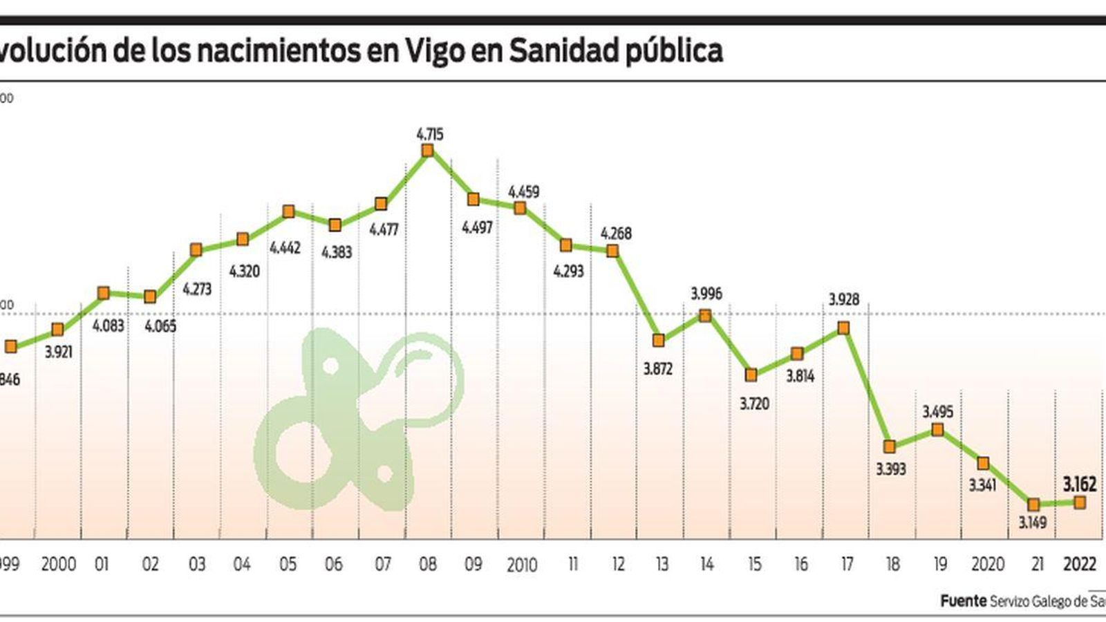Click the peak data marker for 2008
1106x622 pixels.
pos(428,150)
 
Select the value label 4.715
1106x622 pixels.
pos(429,134)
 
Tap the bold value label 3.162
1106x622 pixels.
pos(1079,484)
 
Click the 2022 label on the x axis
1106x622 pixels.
pos(1079,565)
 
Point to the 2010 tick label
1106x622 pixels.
pos(521,565)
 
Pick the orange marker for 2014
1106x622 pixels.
pos(705,316)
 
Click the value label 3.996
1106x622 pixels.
pos(706,294)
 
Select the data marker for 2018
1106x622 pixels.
pos(890,446)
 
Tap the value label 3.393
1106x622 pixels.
pos(890,469)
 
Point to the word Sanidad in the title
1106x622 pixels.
pos(563,50)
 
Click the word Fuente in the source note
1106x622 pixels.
pos(963,601)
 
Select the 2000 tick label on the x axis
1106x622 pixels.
pos(59,565)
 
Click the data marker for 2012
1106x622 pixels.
pos(612,251)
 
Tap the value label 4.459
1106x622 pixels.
pos(523,192)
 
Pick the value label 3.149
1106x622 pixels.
pos(1032,523)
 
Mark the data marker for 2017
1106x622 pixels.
pos(843,328)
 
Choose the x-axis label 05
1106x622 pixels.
pos(288,565)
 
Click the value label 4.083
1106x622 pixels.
pos(108,326)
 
